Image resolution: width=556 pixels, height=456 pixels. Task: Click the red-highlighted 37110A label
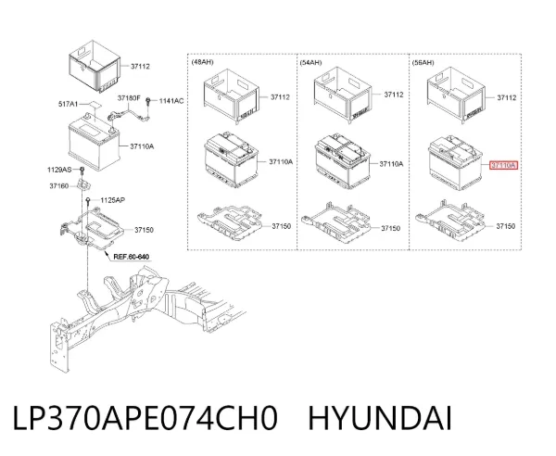pos(503,165)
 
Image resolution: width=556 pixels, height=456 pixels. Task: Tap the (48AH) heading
pos(202,62)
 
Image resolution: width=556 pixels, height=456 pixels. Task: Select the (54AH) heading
pos(310,63)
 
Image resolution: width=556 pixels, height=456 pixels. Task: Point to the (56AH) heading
pos(423,63)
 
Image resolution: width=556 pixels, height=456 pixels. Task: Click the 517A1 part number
pos(68,104)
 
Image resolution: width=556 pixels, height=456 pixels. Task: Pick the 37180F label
pos(129,97)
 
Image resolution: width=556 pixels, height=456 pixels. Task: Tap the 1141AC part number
pos(171,101)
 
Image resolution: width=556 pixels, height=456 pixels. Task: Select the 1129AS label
pos(59,170)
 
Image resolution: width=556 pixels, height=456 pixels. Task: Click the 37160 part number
pos(59,185)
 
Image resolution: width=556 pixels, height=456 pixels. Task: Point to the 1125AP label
pos(112,200)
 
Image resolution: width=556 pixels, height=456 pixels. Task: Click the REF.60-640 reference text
pos(132,257)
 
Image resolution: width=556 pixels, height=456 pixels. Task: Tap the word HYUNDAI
pos(380,418)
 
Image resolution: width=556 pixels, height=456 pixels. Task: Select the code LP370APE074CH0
pos(145,418)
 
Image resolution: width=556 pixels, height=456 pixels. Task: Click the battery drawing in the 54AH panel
pos(343,161)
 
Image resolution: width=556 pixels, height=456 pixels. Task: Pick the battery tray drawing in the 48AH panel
pos(231,222)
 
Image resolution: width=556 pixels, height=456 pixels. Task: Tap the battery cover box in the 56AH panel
pos(456,95)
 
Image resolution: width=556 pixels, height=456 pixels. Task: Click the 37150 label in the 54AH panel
pos(390,228)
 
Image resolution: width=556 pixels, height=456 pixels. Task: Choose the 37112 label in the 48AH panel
pos(280,96)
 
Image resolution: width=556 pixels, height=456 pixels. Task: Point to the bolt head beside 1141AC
pos(148,101)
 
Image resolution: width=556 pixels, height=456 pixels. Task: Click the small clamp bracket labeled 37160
pos(84,184)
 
